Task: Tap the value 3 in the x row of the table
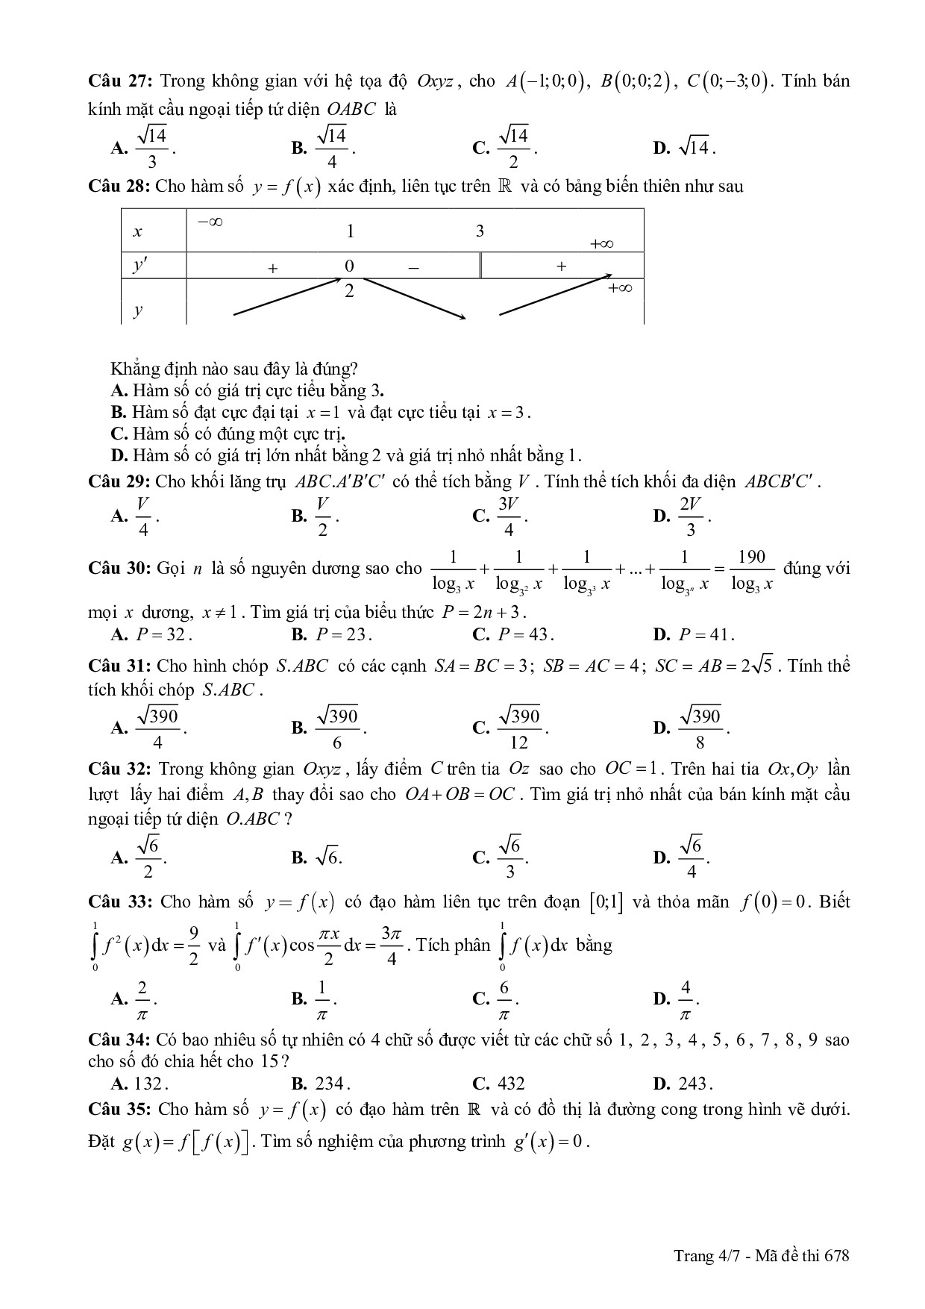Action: (480, 231)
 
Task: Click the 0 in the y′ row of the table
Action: (349, 266)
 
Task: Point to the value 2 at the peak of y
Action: (349, 291)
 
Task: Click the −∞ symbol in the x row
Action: (211, 222)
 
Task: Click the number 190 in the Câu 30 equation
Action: (751, 557)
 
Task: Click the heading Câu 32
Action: (120, 769)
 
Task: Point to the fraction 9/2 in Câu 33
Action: (193, 945)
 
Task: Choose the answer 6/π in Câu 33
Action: (504, 999)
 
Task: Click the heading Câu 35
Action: (120, 1109)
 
